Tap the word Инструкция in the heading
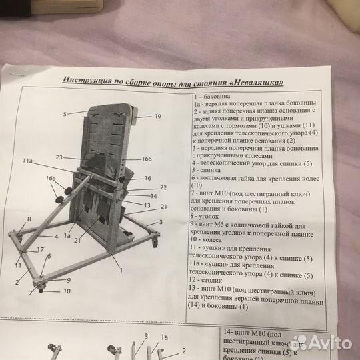pyautogui.click(x=87, y=80)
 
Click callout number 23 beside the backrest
pyautogui.click(x=59, y=157)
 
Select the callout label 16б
pyautogui.click(x=147, y=159)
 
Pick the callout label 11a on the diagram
pyautogui.click(x=27, y=161)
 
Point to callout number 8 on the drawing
pyautogui.click(x=29, y=218)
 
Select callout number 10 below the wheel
pyautogui.click(x=67, y=291)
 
